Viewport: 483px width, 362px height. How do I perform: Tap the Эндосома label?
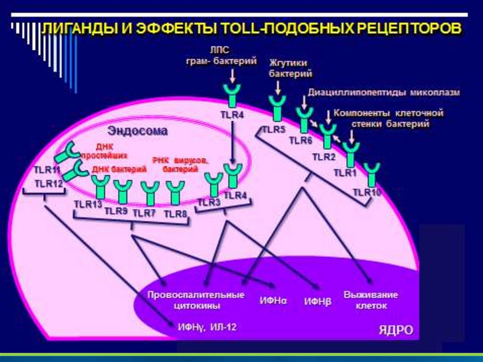coord(138,131)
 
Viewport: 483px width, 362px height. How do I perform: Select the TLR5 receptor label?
coord(274,129)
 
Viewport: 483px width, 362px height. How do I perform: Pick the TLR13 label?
coord(88,204)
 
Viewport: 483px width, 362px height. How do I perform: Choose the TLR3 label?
coord(209,202)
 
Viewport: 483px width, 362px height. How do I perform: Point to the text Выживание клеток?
coord(371,300)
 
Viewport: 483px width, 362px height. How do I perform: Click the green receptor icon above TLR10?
coord(372,174)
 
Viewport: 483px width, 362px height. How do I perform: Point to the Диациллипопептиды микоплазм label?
coord(383,93)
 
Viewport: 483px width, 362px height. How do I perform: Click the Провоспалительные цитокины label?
coord(196,300)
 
